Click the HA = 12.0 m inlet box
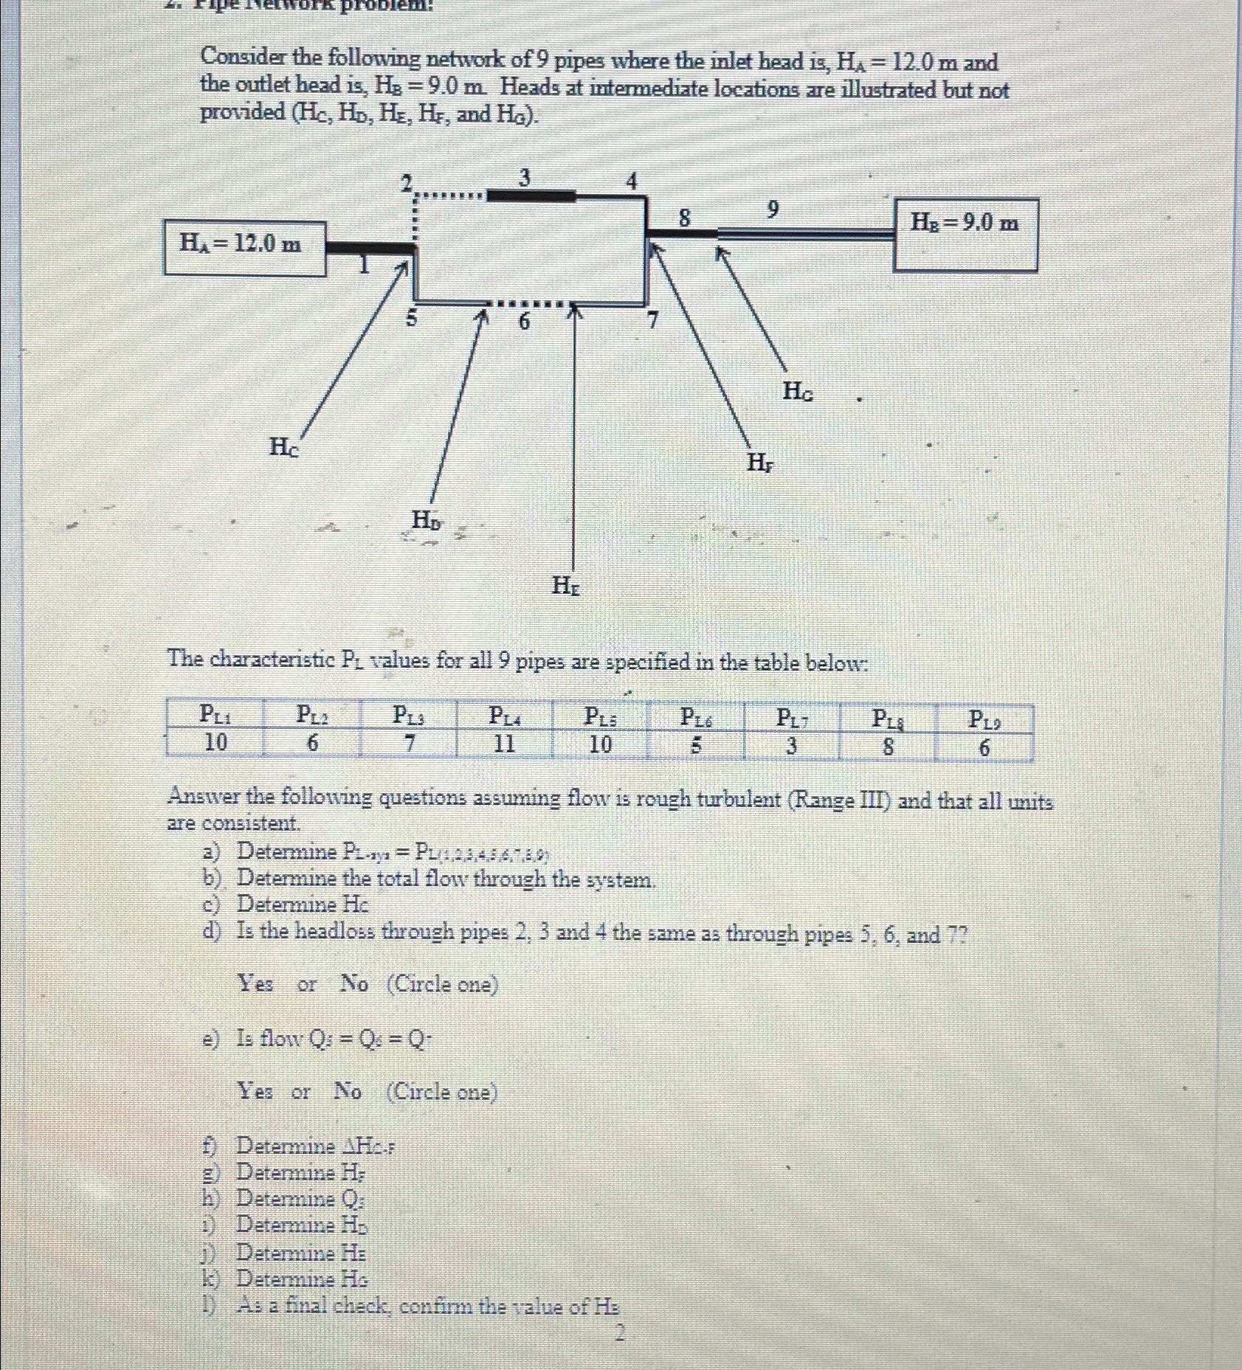coord(244,249)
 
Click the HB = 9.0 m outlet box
coord(965,234)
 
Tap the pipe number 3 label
coord(525,179)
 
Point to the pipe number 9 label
coord(772,210)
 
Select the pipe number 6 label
coord(524,322)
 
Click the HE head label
coord(566,587)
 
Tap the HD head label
coord(427,521)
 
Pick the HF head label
coord(760,463)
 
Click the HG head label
coord(798,391)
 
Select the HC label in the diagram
coord(284,446)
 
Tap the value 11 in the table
coord(504,744)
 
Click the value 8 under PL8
coord(888,747)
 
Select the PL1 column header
coord(215,714)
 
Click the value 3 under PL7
coord(791,746)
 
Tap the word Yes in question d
coord(255,983)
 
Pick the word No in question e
coord(348,1090)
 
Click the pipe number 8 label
coord(685,218)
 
